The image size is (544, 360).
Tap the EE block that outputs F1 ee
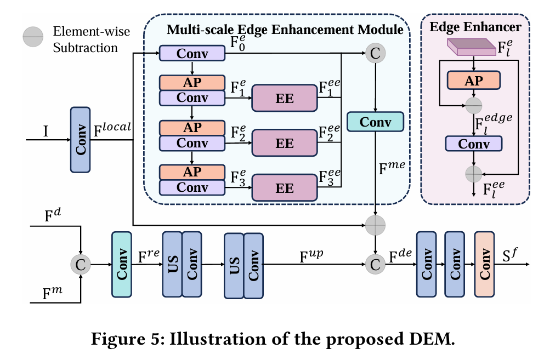point(285,99)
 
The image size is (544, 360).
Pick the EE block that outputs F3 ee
point(285,188)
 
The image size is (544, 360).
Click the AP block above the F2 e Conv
point(192,127)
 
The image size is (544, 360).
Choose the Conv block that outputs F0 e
point(192,53)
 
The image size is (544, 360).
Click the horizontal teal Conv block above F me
point(375,122)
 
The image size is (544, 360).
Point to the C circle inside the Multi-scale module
point(375,53)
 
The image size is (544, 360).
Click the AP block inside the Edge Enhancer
point(473,80)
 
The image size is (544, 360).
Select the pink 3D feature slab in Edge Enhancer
point(471,48)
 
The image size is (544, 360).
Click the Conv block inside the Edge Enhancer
point(473,144)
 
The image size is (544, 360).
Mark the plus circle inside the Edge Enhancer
point(473,174)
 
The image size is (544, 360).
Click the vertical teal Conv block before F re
point(122,265)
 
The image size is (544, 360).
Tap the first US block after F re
point(172,265)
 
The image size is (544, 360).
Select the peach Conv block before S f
point(485,265)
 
